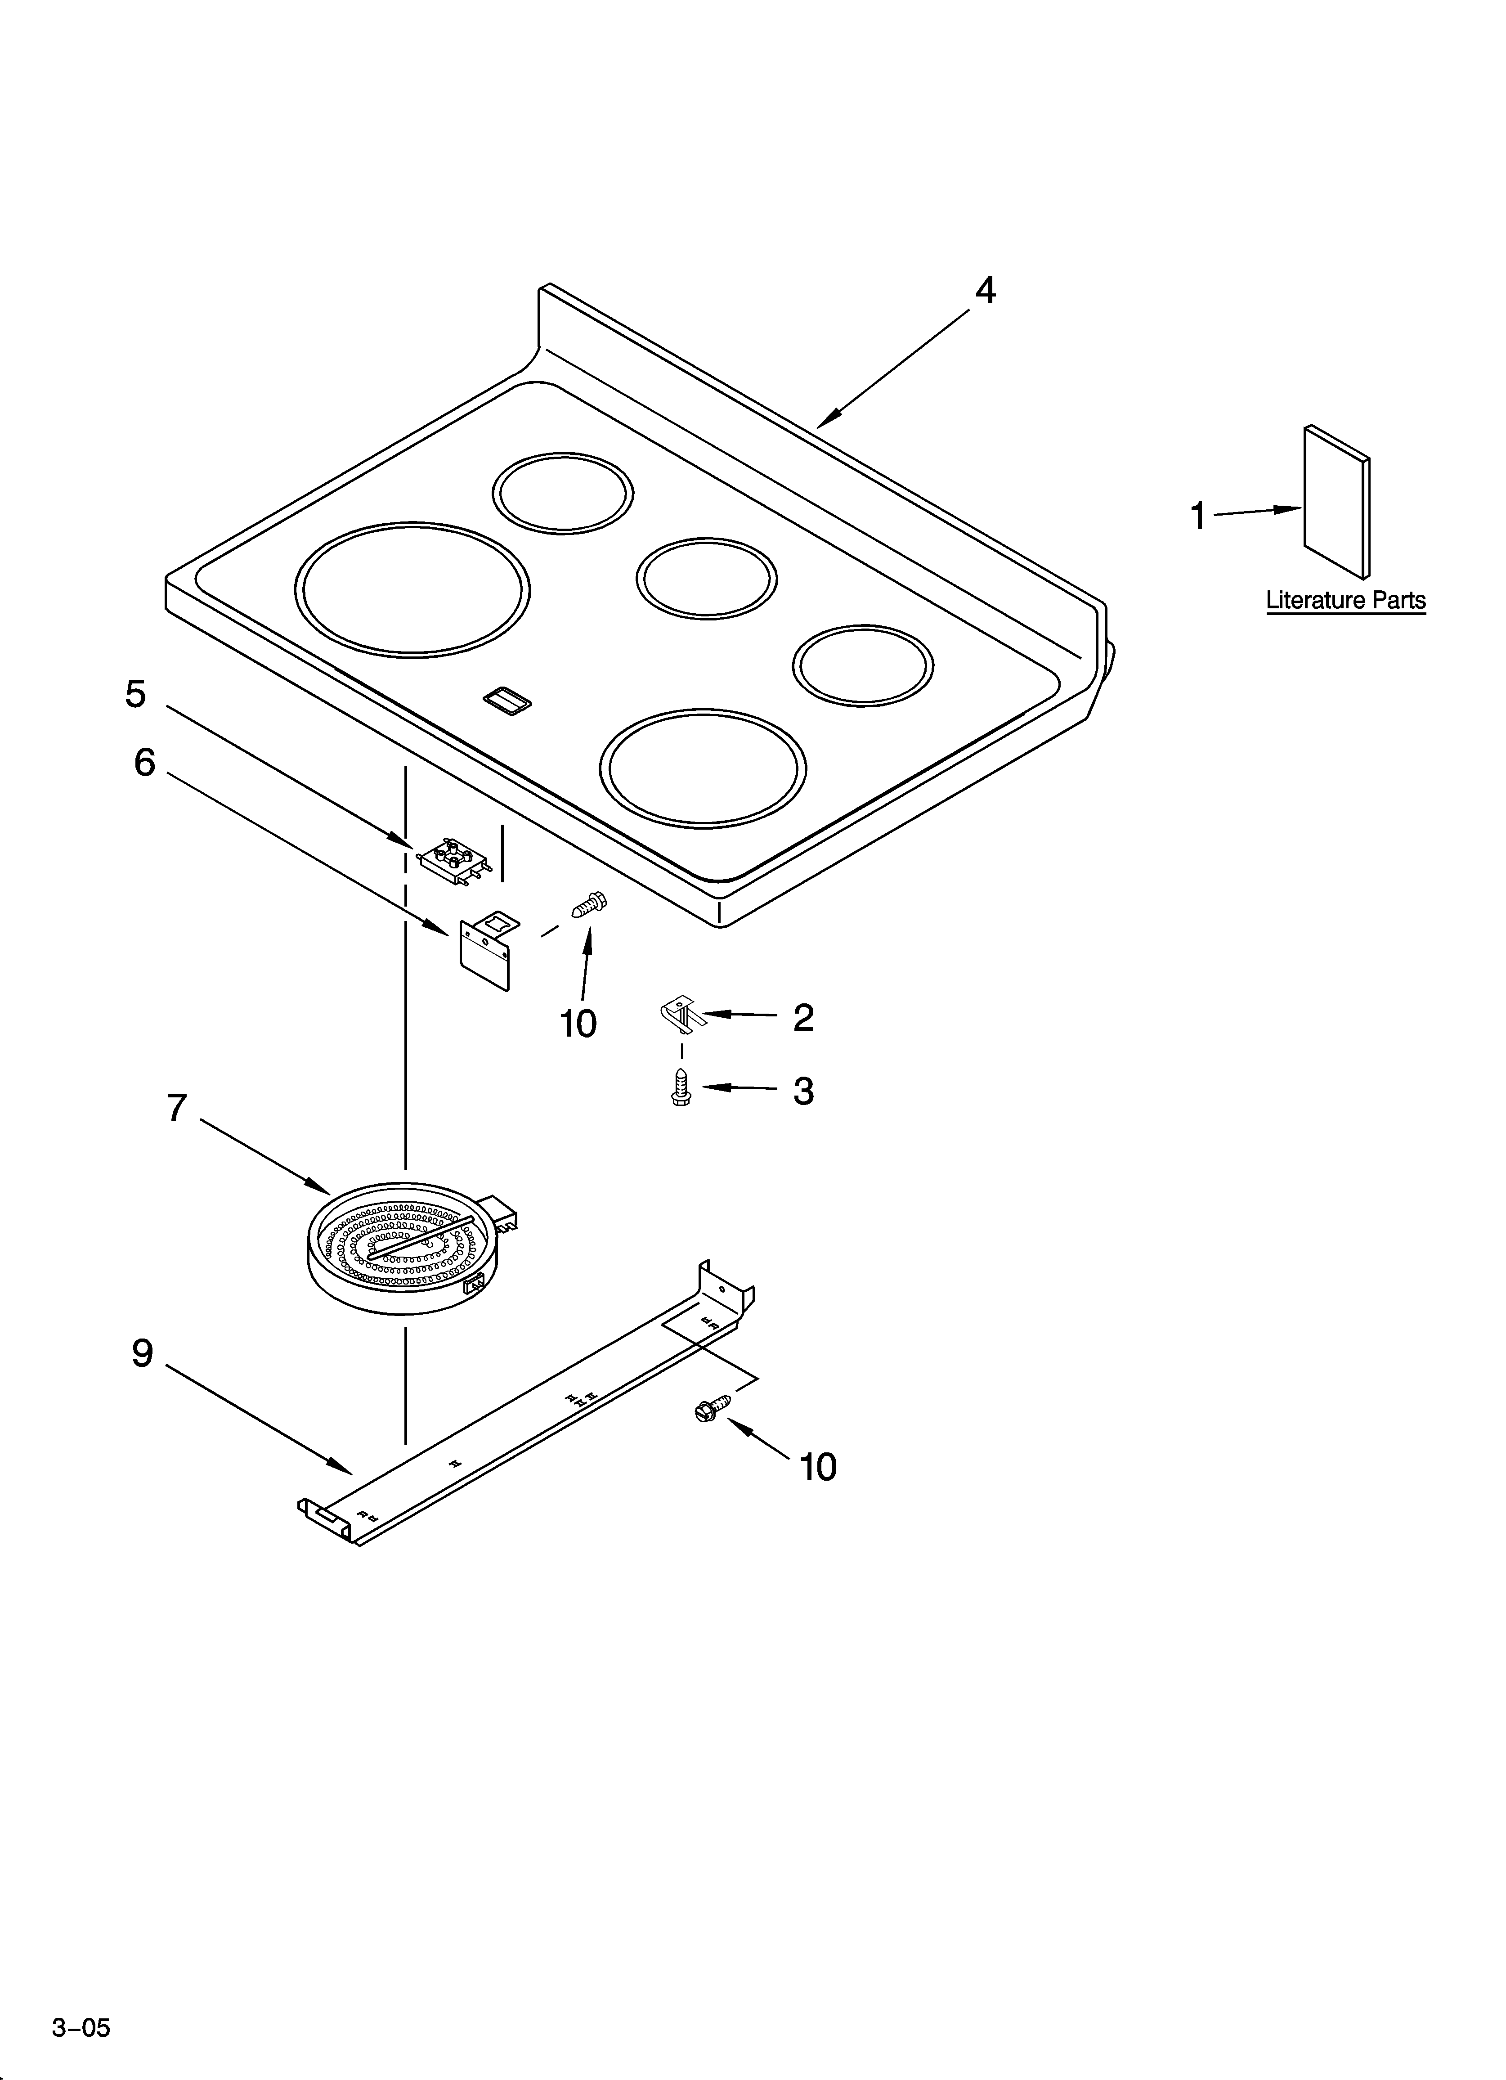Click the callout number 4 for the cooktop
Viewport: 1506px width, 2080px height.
[x=984, y=291]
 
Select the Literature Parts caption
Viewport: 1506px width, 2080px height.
[x=1345, y=601]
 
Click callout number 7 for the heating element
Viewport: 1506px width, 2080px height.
[x=177, y=1108]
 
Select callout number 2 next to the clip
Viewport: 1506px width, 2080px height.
[x=803, y=1017]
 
